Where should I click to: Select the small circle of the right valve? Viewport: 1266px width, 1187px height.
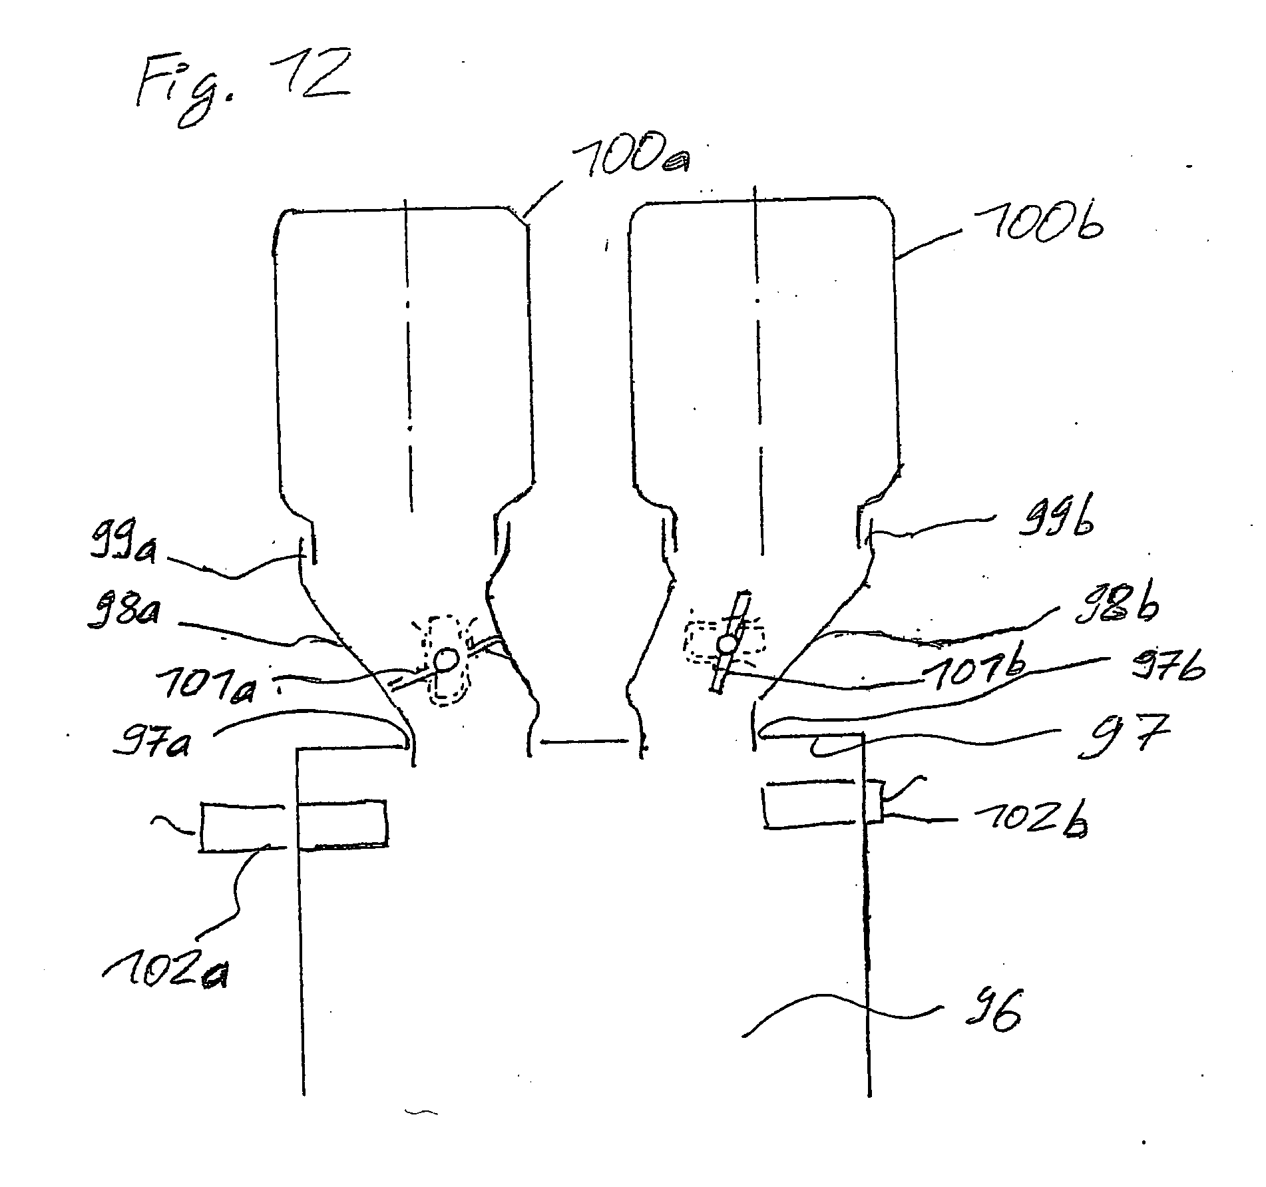click(x=727, y=644)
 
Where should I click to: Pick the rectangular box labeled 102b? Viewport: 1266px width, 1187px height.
click(x=823, y=806)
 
